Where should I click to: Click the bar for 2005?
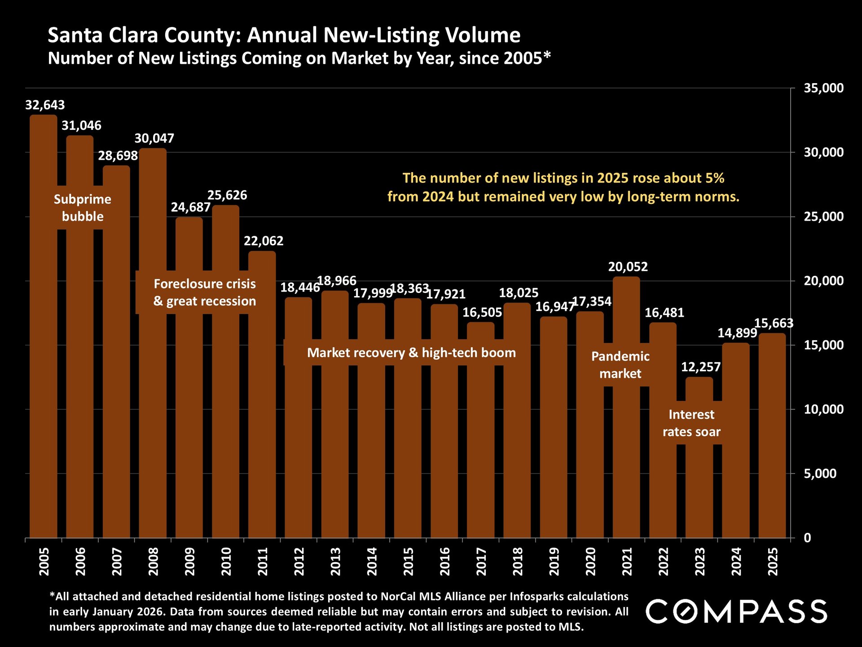(44, 359)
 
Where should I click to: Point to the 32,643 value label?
(45, 105)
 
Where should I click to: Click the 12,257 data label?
(701, 367)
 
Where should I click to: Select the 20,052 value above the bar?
(628, 267)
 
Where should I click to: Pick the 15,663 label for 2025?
(774, 323)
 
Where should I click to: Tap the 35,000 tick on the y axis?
(823, 88)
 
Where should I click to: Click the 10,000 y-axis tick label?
(823, 409)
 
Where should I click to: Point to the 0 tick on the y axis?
(807, 538)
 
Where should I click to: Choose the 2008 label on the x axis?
(154, 561)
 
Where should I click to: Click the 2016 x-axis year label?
(444, 561)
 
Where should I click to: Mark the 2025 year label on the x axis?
(773, 561)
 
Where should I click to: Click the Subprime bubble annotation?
(83, 208)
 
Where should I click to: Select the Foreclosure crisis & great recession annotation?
(205, 292)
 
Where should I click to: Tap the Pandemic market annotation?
(620, 365)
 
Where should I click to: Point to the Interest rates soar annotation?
(691, 423)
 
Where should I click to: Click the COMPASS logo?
(736, 612)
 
